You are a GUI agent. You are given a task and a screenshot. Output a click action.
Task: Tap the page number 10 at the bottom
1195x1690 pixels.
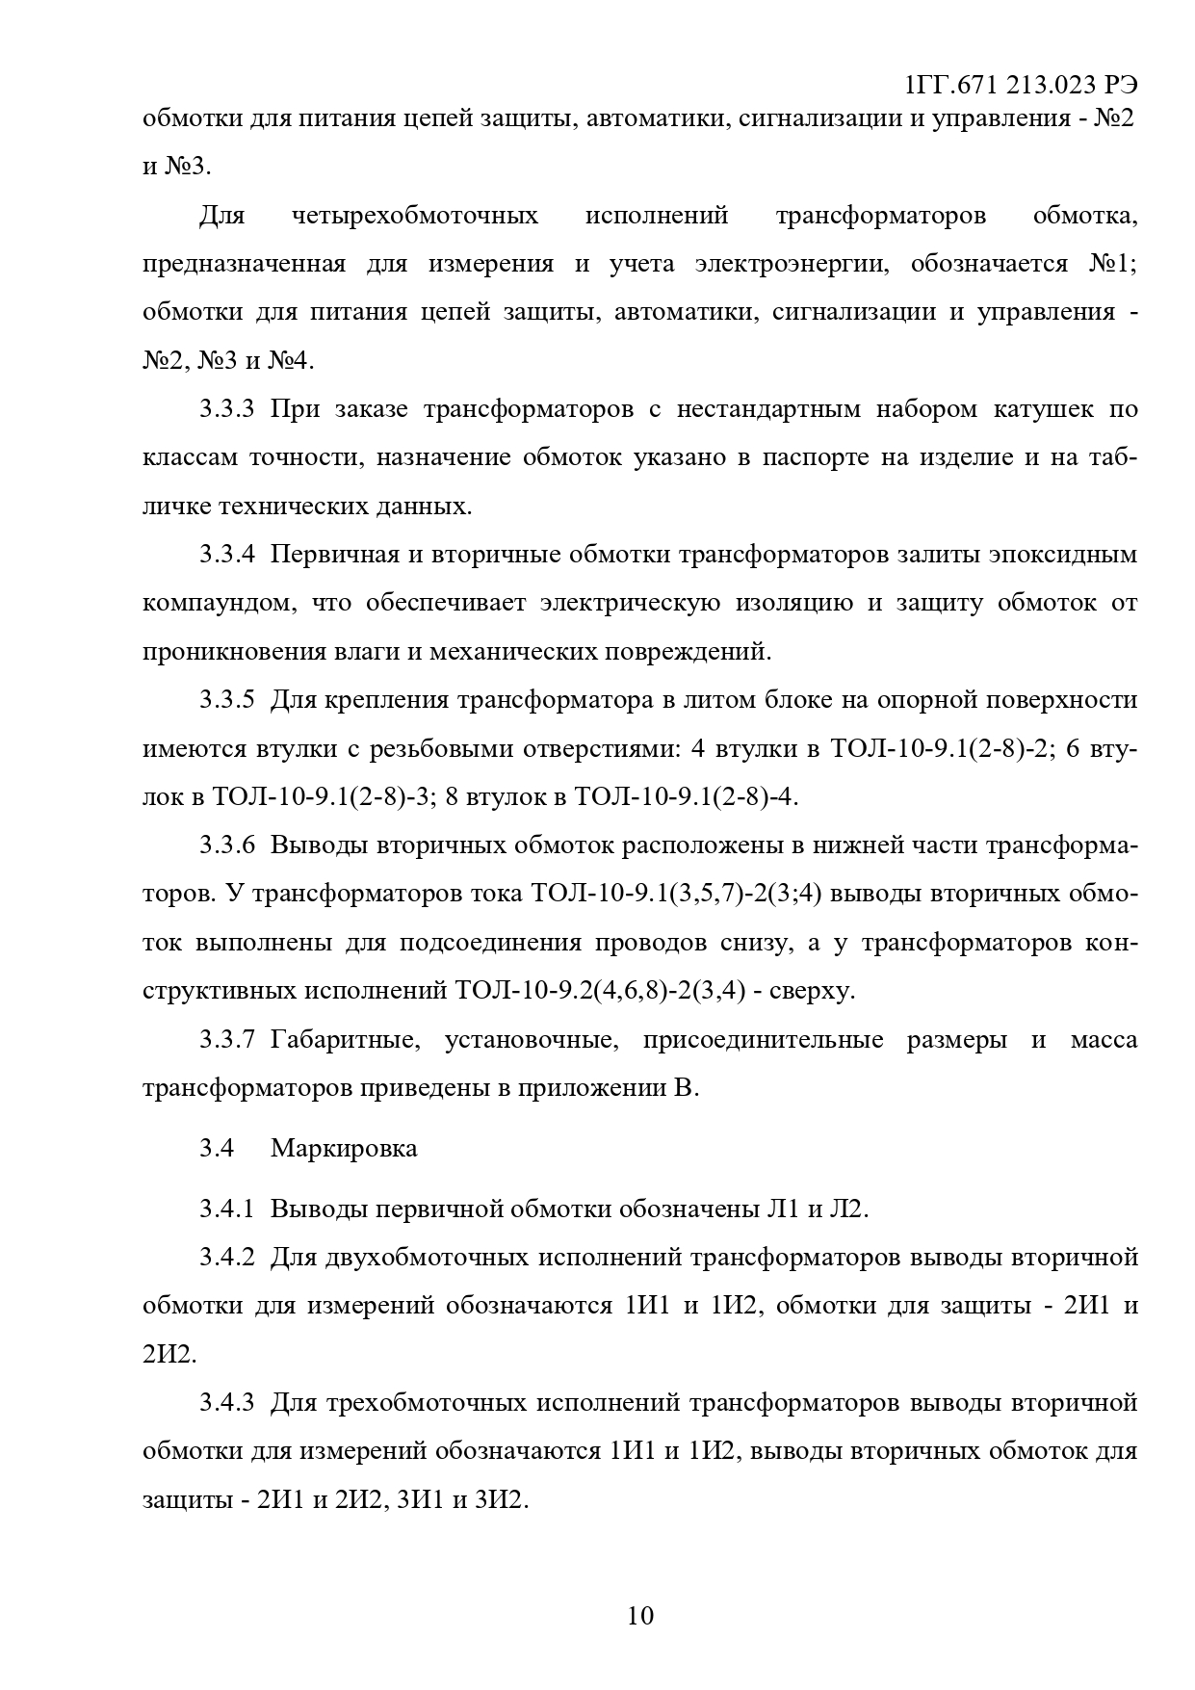coord(640,1614)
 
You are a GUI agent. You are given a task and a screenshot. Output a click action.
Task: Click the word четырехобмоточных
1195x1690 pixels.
coord(414,215)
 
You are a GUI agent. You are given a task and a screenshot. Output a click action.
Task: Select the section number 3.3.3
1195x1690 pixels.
coord(227,408)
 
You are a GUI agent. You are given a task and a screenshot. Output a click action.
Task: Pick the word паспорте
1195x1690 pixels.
coord(817,456)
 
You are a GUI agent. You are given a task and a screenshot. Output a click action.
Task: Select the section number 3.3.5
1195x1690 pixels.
coord(227,699)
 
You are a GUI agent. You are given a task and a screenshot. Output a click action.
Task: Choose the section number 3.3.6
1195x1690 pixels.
coord(227,845)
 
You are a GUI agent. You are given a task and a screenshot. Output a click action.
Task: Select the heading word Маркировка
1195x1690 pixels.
coord(344,1148)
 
